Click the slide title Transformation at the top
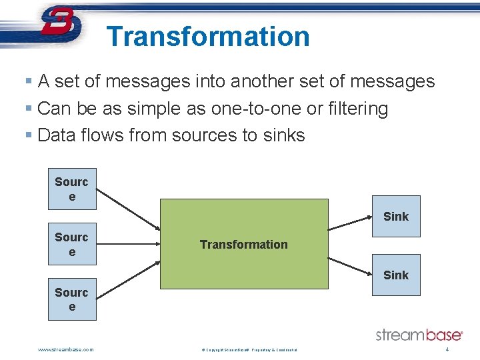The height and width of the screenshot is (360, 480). pyautogui.click(x=208, y=36)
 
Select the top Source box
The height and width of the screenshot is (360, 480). pyautogui.click(x=72, y=189)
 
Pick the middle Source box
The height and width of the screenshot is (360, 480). pyautogui.click(x=72, y=244)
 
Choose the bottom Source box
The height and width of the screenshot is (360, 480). pyautogui.click(x=72, y=299)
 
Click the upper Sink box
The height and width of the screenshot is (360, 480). pyautogui.click(x=396, y=216)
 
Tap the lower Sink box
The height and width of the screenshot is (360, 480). pyautogui.click(x=396, y=275)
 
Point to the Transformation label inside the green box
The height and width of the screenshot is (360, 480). pyautogui.click(x=244, y=245)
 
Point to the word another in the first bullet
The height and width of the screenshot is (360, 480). pyautogui.click(x=265, y=82)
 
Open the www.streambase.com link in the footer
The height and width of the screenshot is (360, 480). pyautogui.click(x=66, y=349)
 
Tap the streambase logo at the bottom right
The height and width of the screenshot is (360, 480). pyautogui.click(x=419, y=334)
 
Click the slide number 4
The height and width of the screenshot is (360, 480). pyautogui.click(x=447, y=349)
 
